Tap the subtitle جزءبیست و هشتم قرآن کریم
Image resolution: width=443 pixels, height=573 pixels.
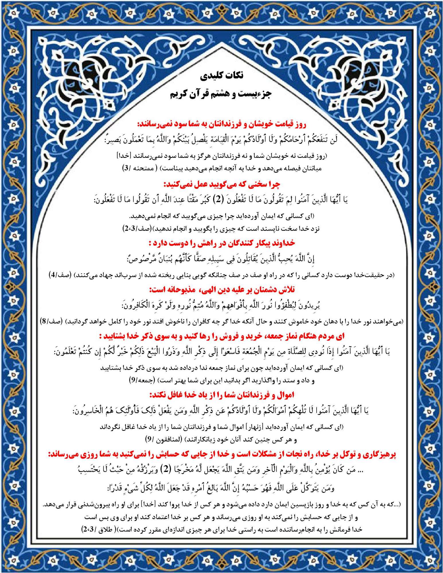(221, 94)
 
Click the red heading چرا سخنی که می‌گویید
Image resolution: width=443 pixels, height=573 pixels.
(222, 185)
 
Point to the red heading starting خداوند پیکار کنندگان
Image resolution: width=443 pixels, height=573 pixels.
(222, 244)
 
